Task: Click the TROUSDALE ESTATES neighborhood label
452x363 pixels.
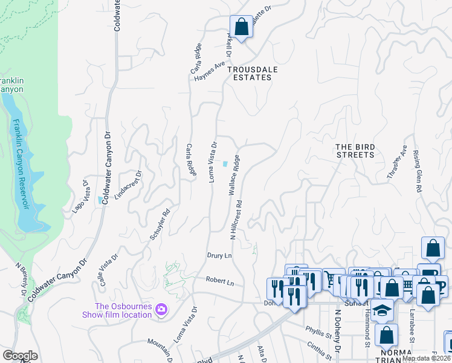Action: point(252,73)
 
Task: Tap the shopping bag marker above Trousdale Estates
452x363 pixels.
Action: point(241,27)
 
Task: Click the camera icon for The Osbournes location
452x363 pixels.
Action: point(161,310)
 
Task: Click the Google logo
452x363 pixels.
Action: point(20,356)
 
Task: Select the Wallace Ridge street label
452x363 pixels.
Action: point(234,175)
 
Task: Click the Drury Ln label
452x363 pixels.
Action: point(219,256)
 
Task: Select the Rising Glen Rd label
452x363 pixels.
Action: point(416,172)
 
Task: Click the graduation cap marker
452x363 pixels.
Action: point(381,310)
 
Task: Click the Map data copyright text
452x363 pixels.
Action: point(427,358)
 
